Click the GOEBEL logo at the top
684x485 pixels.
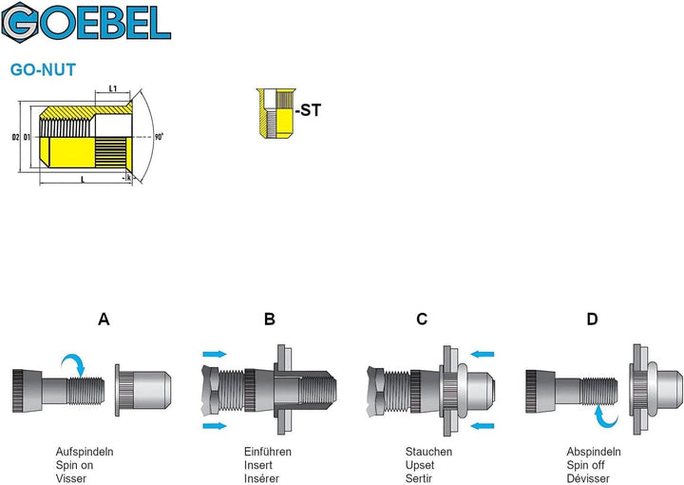tap(85, 22)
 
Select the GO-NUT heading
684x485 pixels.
tap(43, 69)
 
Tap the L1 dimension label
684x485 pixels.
tap(112, 88)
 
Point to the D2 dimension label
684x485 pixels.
tap(16, 137)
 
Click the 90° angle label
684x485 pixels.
tap(159, 137)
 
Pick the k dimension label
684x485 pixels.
tap(128, 178)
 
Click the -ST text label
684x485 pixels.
tap(308, 110)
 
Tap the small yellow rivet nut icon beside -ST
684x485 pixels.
tap(275, 113)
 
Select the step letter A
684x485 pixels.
tap(104, 320)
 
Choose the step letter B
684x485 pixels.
tap(270, 320)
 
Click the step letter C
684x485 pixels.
tap(422, 320)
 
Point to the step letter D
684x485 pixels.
tap(592, 320)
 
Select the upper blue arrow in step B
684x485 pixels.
tap(215, 354)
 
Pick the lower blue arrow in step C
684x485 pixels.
tap(482, 426)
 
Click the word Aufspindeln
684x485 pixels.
tap(85, 452)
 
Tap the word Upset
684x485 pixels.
tap(420, 465)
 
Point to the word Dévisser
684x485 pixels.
tap(588, 478)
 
